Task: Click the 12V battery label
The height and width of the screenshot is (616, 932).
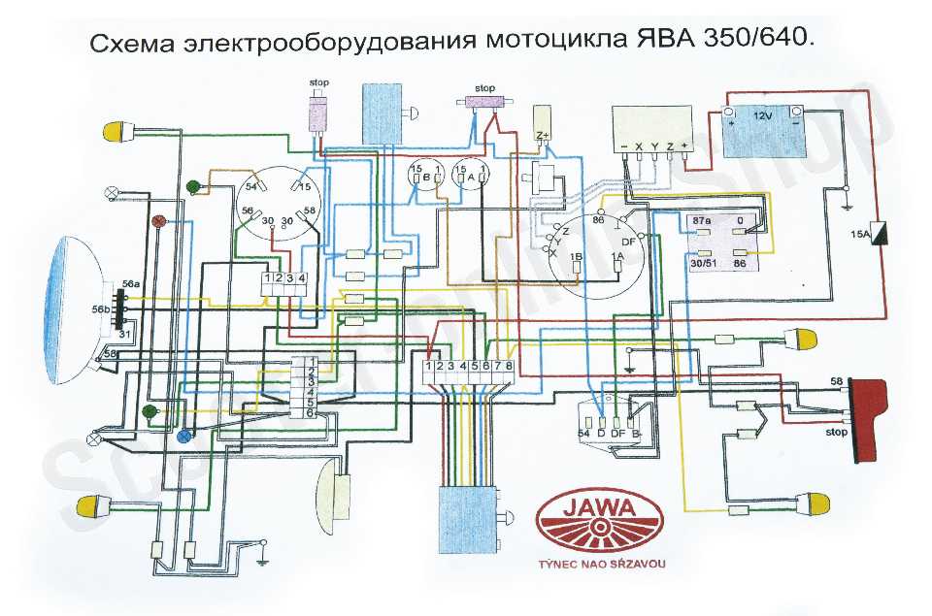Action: (763, 115)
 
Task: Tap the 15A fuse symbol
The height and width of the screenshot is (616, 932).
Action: (882, 234)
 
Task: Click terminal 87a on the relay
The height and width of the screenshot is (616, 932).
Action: (700, 222)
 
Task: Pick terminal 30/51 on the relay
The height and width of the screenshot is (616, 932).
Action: (701, 263)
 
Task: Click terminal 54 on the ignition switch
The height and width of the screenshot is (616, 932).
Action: (251, 186)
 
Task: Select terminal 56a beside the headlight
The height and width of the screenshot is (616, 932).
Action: (131, 283)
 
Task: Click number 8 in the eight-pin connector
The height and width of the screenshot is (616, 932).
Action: (508, 366)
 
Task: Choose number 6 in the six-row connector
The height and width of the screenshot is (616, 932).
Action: (311, 413)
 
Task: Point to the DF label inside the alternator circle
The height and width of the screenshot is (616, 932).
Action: (628, 240)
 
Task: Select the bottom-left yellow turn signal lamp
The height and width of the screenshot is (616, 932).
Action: (94, 504)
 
